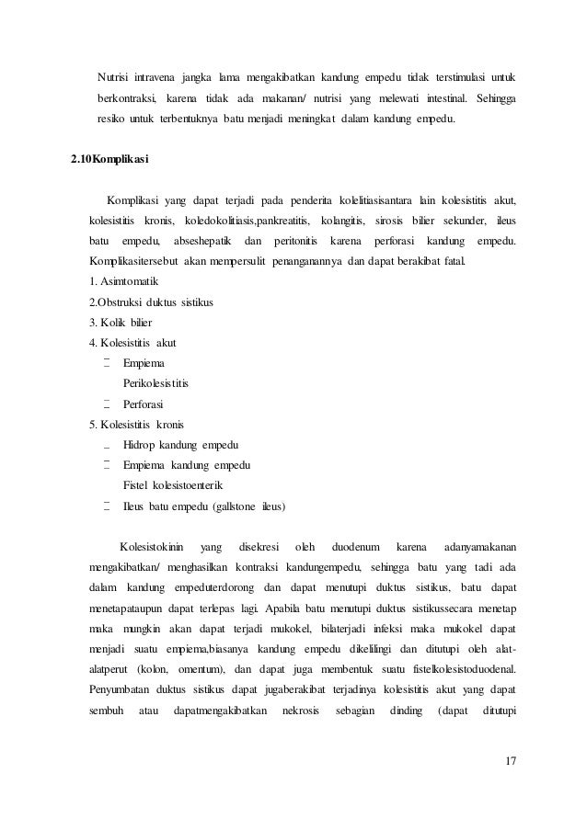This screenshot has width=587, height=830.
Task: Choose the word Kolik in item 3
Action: pyautogui.click(x=115, y=323)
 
